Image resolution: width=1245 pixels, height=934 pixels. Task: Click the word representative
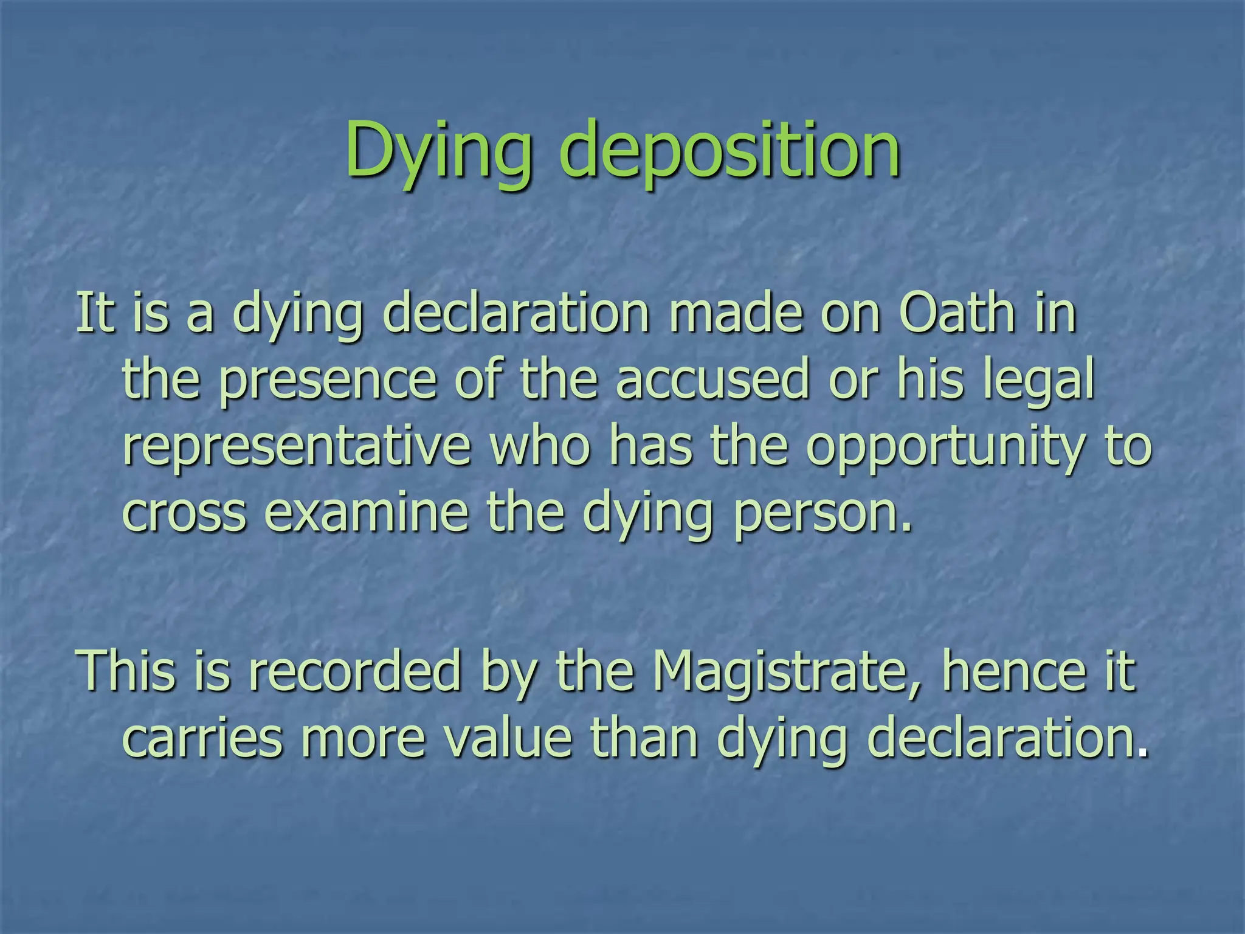pos(297,447)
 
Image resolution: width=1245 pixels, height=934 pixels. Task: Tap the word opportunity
pos(945,447)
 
